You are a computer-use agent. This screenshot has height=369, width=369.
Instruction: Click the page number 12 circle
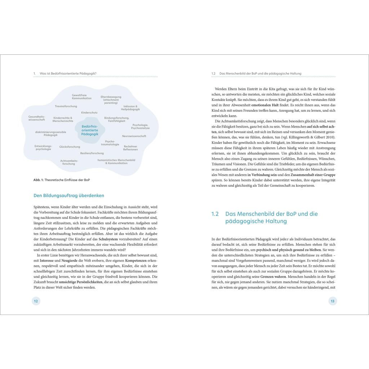click(x=36, y=301)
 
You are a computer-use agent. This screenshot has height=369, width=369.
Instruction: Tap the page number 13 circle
click(x=332, y=301)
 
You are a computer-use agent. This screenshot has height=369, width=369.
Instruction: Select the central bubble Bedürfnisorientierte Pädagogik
click(x=90, y=130)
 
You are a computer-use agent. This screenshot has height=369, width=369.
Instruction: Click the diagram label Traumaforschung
click(x=66, y=106)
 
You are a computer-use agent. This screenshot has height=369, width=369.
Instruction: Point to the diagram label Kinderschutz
click(x=89, y=112)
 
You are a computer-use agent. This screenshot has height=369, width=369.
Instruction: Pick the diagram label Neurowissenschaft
click(x=134, y=136)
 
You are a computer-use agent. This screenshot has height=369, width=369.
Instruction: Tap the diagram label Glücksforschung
click(x=70, y=147)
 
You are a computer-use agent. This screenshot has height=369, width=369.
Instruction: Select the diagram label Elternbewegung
click(x=111, y=97)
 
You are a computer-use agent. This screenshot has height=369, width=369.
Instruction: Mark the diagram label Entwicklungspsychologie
click(x=43, y=147)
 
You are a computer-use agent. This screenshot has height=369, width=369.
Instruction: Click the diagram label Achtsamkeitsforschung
click(x=69, y=162)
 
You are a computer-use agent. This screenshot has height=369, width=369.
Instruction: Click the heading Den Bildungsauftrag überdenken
click(x=69, y=195)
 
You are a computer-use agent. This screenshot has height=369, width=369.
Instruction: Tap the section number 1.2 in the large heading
click(x=215, y=214)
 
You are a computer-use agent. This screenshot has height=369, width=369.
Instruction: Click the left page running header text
click(x=68, y=74)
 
